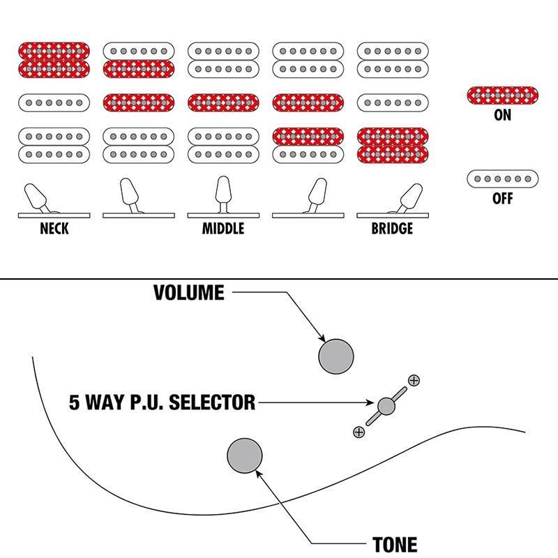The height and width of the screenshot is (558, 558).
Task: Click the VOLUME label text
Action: click(189, 292)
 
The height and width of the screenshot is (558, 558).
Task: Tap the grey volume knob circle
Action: click(336, 356)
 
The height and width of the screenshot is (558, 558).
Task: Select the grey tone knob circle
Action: click(245, 455)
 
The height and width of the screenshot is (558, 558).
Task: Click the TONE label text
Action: click(395, 545)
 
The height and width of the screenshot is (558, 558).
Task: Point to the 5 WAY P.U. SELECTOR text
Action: click(163, 402)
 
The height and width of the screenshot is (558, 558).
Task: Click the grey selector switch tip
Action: click(386, 407)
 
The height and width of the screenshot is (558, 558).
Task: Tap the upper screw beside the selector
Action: click(414, 380)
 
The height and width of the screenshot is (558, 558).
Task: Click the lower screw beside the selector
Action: click(359, 432)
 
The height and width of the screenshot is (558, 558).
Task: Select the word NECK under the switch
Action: click(54, 229)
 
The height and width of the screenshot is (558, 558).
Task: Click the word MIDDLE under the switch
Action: click(223, 229)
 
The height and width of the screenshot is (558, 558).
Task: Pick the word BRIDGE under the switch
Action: click(392, 229)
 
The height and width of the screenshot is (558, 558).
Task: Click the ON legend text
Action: click(502, 115)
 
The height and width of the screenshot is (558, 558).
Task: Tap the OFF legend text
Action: click(502, 198)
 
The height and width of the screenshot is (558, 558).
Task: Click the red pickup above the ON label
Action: click(502, 96)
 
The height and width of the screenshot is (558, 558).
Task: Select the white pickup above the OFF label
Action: click(502, 179)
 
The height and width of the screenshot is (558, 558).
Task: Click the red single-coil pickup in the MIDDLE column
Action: click(223, 103)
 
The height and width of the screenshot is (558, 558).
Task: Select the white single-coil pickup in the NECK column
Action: click(54, 103)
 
